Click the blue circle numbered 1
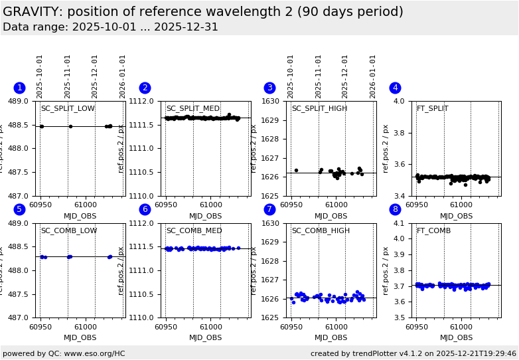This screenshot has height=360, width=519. (x=19, y=88)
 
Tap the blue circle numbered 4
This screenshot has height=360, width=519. (x=395, y=88)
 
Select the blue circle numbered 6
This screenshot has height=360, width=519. (x=145, y=209)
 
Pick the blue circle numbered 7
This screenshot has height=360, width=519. (x=269, y=209)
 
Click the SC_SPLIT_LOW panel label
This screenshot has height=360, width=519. (x=68, y=109)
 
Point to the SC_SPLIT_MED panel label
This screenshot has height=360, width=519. (x=193, y=109)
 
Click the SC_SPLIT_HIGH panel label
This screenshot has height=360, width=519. (x=319, y=109)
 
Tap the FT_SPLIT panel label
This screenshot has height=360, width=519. (x=432, y=109)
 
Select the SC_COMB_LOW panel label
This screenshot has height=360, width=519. (x=69, y=231)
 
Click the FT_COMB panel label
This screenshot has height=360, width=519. (x=433, y=231)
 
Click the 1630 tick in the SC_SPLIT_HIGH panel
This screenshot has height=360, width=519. (x=273, y=101)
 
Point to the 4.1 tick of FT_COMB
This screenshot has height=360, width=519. (x=402, y=223)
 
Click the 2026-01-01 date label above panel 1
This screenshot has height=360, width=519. (x=123, y=76)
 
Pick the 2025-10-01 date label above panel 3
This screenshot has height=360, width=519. (x=291, y=76)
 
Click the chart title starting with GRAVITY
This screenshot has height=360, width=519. (x=203, y=12)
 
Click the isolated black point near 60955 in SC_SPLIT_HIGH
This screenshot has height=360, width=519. (x=296, y=170)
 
